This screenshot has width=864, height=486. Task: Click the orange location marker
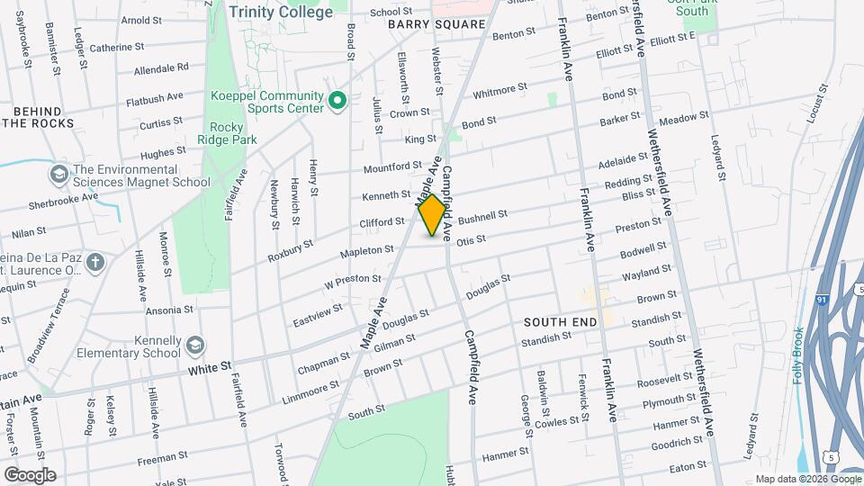[x=433, y=215]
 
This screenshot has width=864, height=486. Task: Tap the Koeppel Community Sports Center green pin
[x=337, y=100]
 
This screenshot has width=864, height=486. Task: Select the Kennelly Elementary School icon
[x=194, y=346]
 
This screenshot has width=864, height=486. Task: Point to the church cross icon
[x=96, y=263]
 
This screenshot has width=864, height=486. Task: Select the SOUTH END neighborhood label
[x=557, y=321]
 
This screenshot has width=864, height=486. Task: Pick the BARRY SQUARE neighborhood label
[x=436, y=24]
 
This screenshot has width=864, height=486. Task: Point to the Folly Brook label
[x=798, y=355]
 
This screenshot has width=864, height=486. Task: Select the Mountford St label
[x=392, y=167]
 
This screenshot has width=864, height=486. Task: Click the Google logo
[x=30, y=475]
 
